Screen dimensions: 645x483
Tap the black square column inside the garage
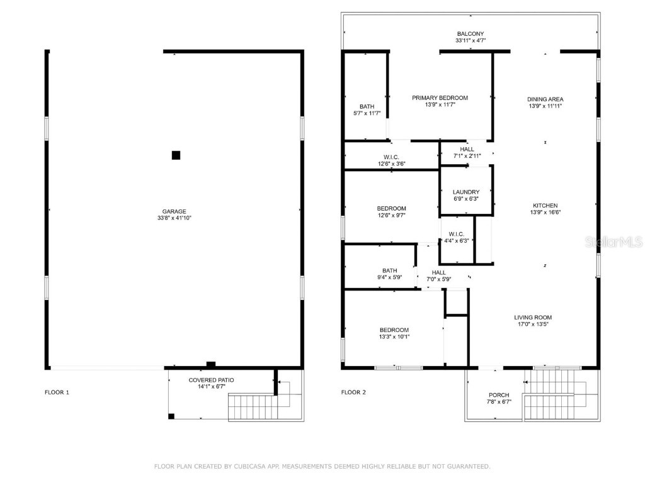[176, 155]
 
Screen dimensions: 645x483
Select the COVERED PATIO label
[211, 380]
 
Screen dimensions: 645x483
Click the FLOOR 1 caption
[57, 392]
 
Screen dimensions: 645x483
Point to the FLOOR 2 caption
[353, 392]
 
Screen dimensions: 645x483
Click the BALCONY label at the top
[471, 34]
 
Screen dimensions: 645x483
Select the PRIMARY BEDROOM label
[440, 97]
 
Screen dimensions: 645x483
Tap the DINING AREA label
[545, 99]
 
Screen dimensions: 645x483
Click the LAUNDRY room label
[466, 192]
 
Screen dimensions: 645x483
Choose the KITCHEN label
[545, 206]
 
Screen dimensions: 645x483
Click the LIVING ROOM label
[532, 318]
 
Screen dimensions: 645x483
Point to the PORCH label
[499, 395]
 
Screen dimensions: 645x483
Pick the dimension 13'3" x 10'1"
[394, 336]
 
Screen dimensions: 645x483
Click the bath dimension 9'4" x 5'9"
[389, 277]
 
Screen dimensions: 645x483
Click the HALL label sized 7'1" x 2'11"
[467, 149]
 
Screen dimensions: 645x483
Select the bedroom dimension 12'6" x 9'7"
[391, 215]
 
